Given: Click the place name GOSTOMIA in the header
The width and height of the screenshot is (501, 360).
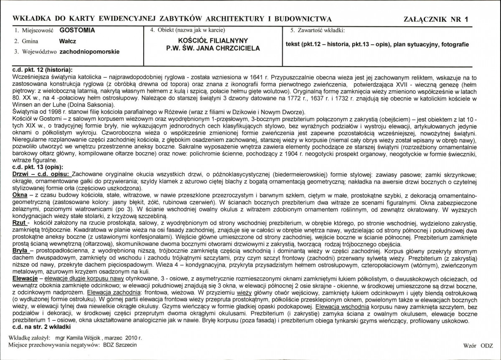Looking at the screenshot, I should coord(77,30).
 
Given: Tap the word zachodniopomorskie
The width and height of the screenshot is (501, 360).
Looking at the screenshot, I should coord(90,52).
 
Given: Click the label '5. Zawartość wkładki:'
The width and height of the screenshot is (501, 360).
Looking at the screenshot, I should coord(317,30).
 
